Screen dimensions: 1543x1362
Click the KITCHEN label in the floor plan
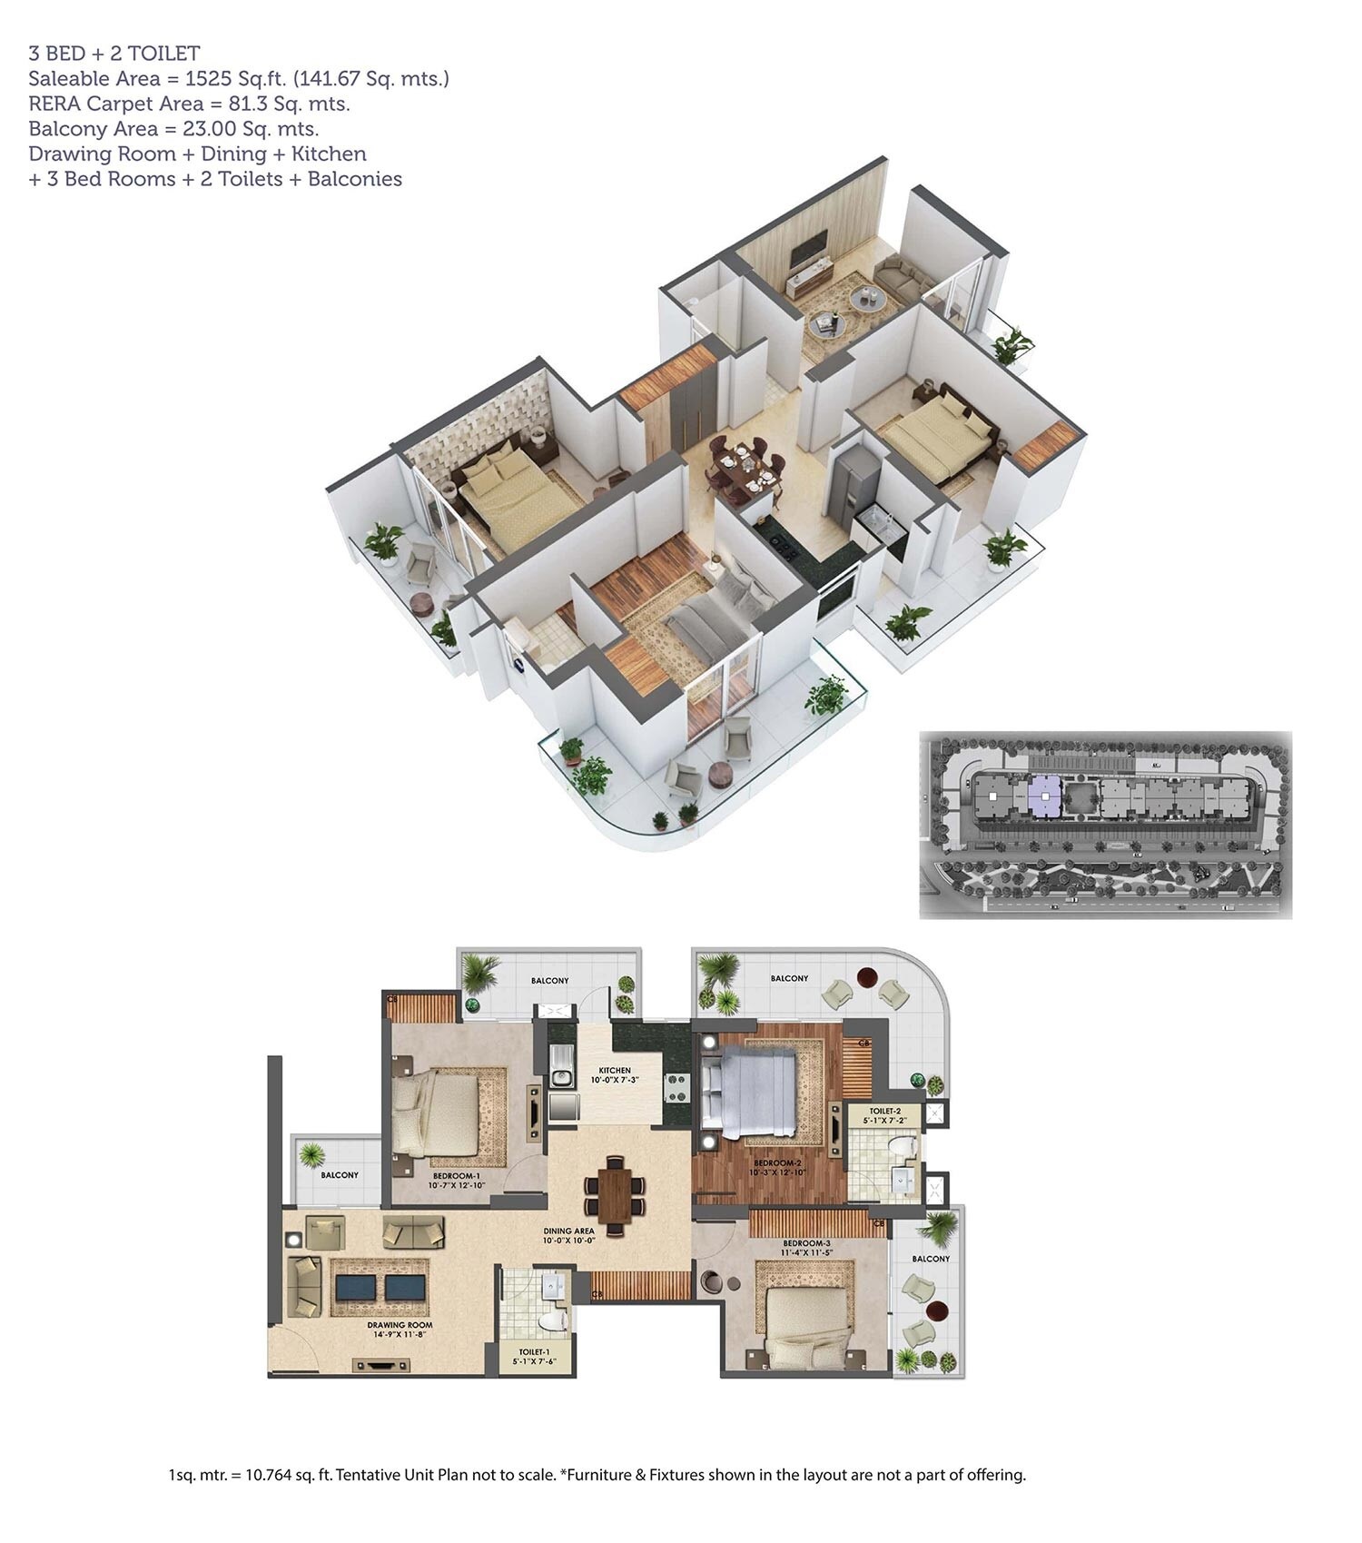tap(614, 1071)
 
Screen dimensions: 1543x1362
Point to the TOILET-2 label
tap(884, 1111)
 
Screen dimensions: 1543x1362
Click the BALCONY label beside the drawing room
tap(340, 1175)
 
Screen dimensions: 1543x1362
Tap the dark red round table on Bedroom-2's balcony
tap(867, 979)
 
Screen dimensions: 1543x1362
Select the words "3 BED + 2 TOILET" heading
tap(114, 54)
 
